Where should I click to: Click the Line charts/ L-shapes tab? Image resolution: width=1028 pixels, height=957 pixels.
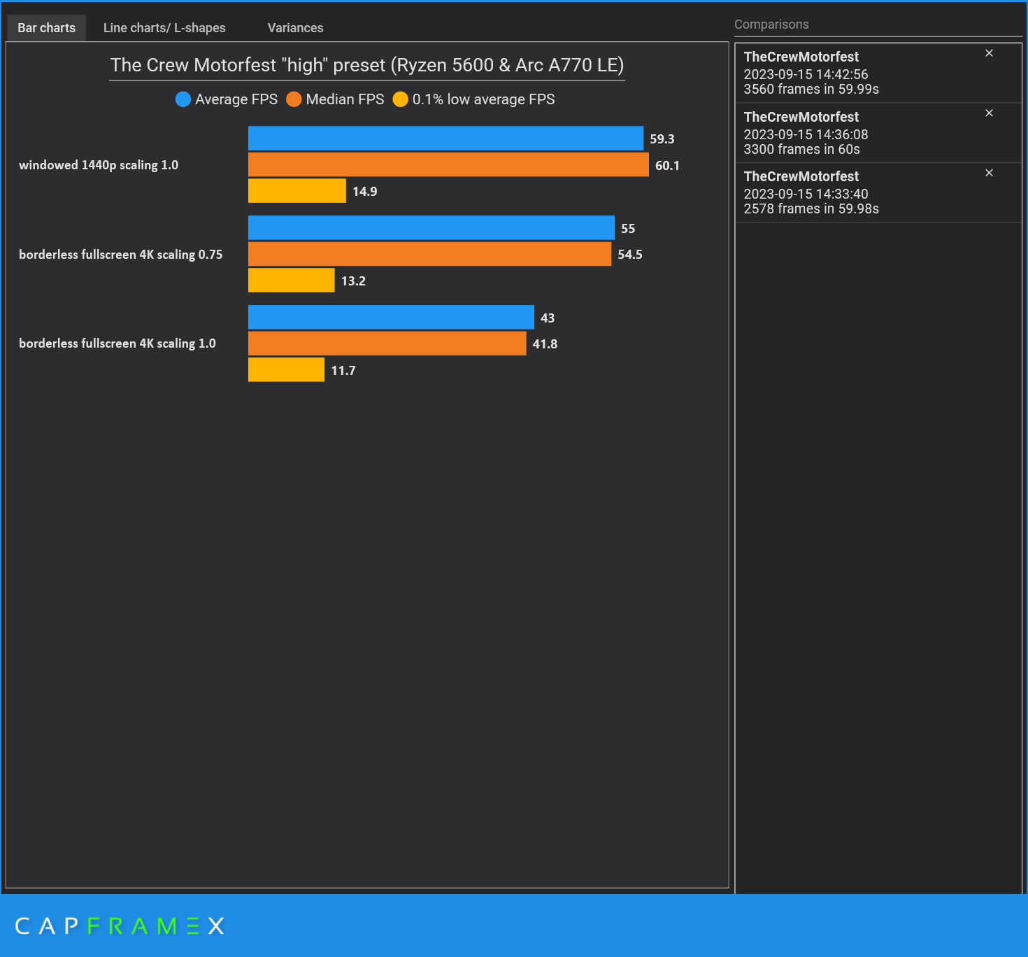[164, 28]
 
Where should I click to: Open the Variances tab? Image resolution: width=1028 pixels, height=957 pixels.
[295, 28]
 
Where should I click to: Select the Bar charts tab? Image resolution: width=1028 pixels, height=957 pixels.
[46, 28]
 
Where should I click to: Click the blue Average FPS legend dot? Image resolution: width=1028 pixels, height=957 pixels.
[183, 99]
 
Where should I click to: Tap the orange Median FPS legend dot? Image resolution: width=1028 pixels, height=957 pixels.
[294, 99]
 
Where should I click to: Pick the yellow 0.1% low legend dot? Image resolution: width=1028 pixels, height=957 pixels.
[400, 99]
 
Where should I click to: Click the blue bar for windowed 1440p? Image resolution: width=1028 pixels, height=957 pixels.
[445, 139]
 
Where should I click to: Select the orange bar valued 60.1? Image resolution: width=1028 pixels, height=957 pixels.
[448, 164]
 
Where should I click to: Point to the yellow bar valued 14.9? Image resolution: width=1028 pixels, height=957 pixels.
[297, 191]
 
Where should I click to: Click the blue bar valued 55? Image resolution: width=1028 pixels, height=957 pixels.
[431, 228]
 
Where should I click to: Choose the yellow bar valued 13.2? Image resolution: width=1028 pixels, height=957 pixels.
[291, 281]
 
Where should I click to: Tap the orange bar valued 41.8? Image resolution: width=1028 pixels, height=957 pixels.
[387, 343]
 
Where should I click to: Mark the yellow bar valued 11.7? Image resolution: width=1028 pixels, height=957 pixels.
[286, 370]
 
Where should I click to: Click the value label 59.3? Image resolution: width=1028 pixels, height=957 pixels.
[662, 139]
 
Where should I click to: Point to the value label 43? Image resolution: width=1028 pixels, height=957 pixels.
[547, 318]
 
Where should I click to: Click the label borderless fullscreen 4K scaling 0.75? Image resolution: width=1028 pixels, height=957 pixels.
[120, 255]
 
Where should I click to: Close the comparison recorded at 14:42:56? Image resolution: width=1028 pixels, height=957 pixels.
[989, 53]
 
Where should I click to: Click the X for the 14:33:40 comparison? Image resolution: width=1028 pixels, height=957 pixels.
[989, 173]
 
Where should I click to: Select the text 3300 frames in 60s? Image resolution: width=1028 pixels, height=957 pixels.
[801, 149]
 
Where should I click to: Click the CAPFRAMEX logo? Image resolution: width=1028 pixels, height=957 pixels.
[120, 926]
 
